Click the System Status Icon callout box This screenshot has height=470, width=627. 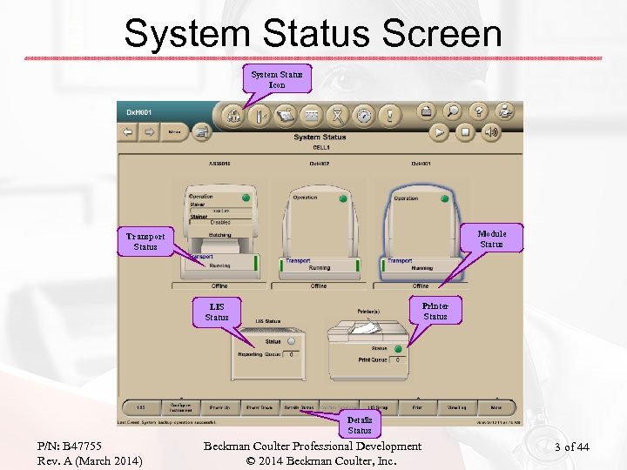[x=277, y=79]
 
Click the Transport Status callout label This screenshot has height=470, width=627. [x=145, y=241]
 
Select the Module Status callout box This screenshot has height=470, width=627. [x=491, y=238]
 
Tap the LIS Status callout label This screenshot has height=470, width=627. [x=217, y=312]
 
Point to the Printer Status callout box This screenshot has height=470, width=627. [x=435, y=311]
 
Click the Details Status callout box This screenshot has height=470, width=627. [x=360, y=425]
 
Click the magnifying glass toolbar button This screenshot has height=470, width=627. [x=452, y=111]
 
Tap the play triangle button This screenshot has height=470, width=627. [x=440, y=132]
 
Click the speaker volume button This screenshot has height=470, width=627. [x=491, y=132]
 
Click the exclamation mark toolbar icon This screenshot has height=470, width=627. [x=390, y=114]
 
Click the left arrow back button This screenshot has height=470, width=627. [x=128, y=132]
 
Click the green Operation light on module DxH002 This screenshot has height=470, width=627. [x=343, y=198]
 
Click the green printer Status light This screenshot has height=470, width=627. [x=398, y=348]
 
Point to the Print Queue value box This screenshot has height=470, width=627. [x=398, y=359]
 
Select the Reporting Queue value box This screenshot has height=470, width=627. [x=291, y=354]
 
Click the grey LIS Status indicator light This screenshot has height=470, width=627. [x=291, y=341]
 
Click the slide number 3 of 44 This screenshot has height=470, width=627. [x=572, y=447]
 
